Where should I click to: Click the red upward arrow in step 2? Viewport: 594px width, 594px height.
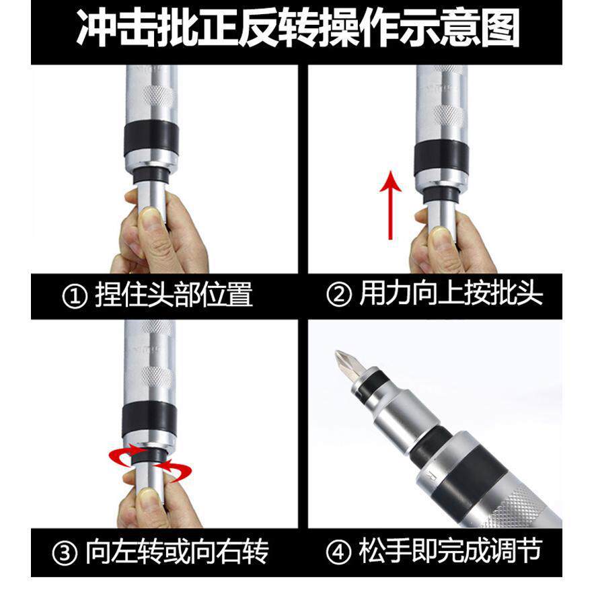click(x=390, y=205)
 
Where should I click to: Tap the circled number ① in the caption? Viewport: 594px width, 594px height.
click(x=75, y=296)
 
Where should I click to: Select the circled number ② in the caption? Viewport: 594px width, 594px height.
click(x=338, y=295)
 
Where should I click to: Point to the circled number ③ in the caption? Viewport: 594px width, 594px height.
click(x=65, y=553)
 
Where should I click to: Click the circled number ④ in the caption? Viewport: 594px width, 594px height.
click(x=338, y=552)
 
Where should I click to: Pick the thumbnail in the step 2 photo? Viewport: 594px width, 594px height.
click(x=441, y=237)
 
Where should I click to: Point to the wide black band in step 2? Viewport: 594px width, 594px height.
click(x=441, y=158)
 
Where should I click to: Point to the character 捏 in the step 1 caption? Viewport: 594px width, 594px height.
click(x=107, y=295)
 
